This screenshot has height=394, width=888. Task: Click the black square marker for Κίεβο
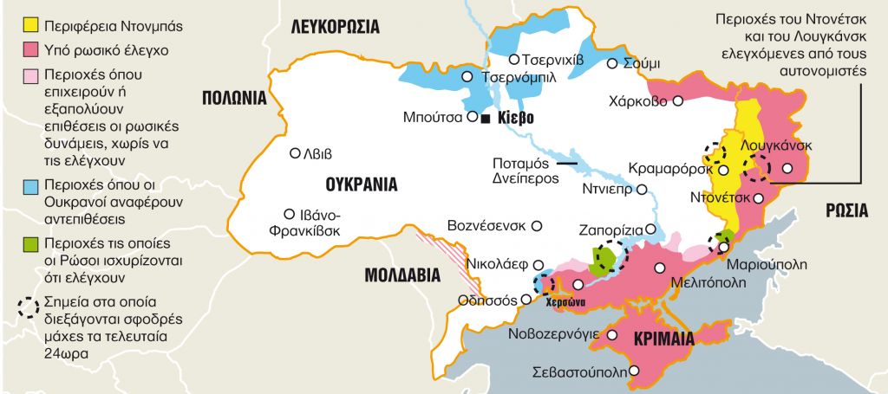tap(487, 117)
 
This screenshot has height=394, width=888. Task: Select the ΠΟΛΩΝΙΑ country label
tap(233, 97)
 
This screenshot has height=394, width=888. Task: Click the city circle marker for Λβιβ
tap(294, 153)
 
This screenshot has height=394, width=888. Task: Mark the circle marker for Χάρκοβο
tap(678, 100)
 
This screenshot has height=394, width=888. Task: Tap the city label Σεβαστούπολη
tap(578, 374)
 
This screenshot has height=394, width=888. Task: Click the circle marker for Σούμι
tap(612, 63)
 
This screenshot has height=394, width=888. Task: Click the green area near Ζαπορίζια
tap(601, 260)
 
